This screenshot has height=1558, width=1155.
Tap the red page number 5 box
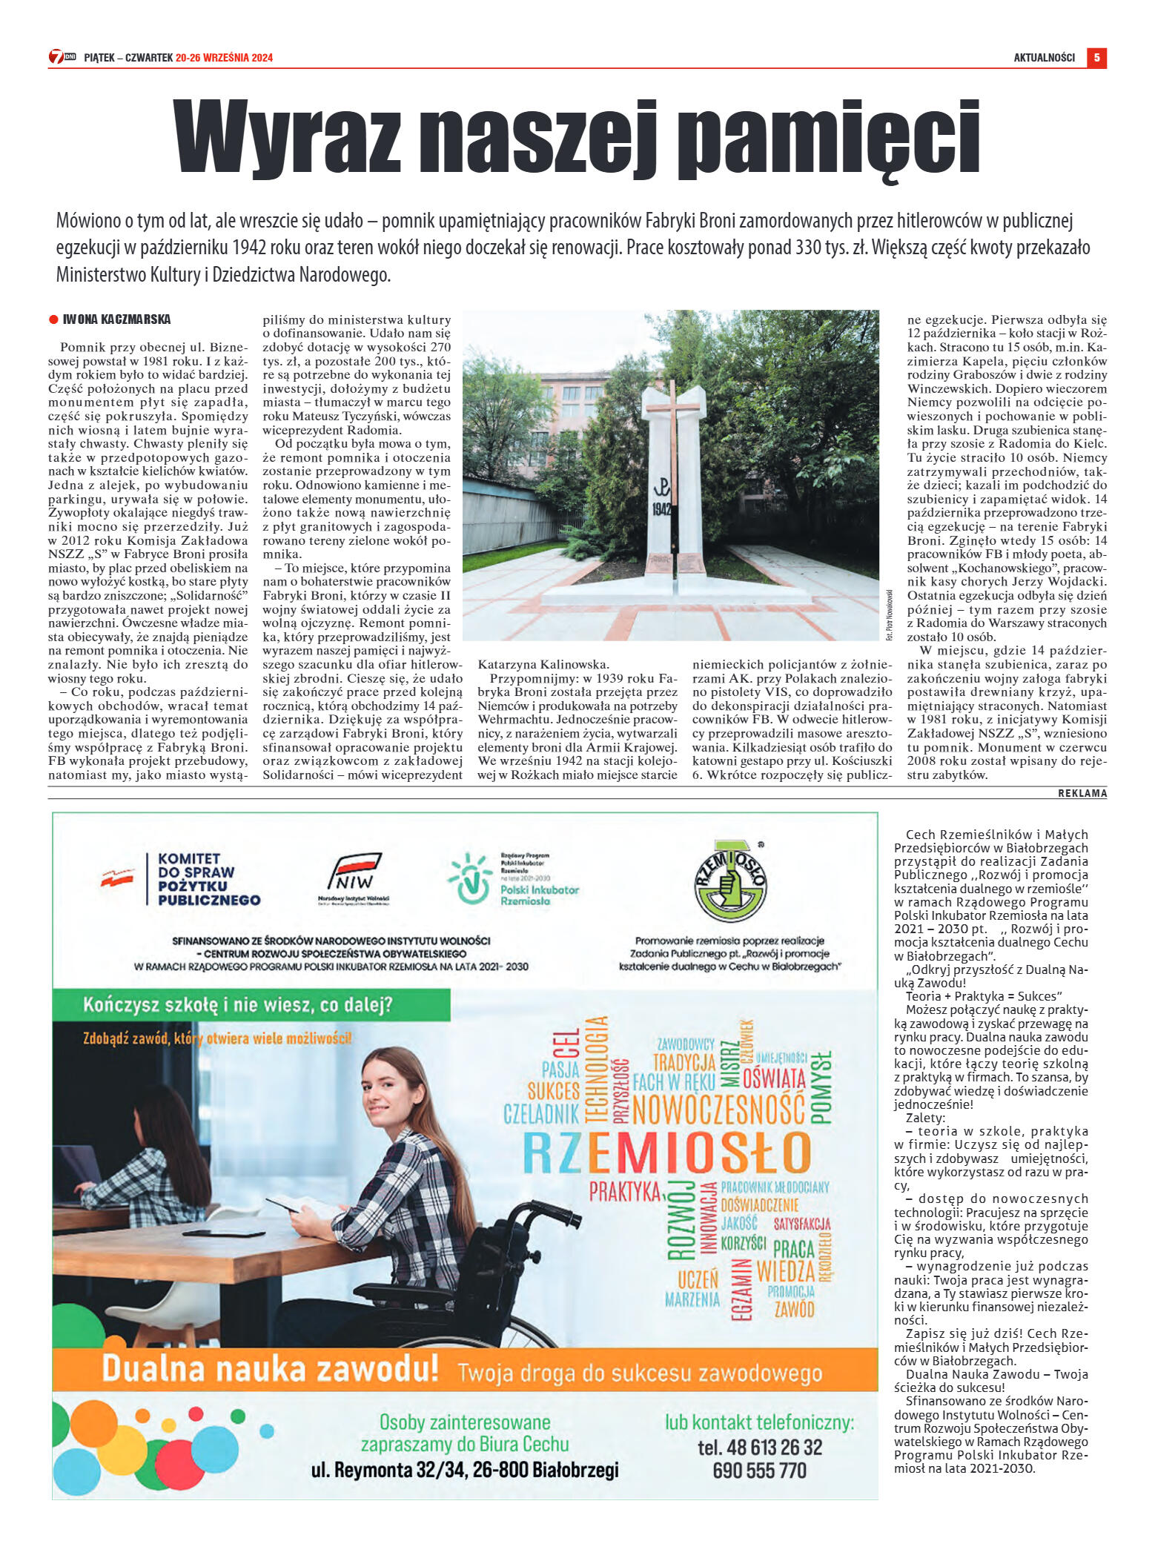pyautogui.click(x=1096, y=57)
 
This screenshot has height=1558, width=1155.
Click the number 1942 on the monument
pyautogui.click(x=662, y=509)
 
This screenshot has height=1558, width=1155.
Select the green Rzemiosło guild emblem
pyautogui.click(x=729, y=881)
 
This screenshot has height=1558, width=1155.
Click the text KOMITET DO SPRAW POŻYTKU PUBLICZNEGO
pyautogui.click(x=208, y=879)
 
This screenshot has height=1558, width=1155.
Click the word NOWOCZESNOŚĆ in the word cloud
pyautogui.click(x=718, y=1110)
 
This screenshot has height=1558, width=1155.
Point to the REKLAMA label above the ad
pyautogui.click(x=1082, y=793)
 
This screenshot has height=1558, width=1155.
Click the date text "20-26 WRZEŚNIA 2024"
pyautogui.click(x=224, y=58)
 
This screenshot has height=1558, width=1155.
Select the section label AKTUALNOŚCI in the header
pyautogui.click(x=1044, y=58)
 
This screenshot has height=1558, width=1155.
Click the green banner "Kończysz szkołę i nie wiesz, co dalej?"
pyautogui.click(x=238, y=1005)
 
